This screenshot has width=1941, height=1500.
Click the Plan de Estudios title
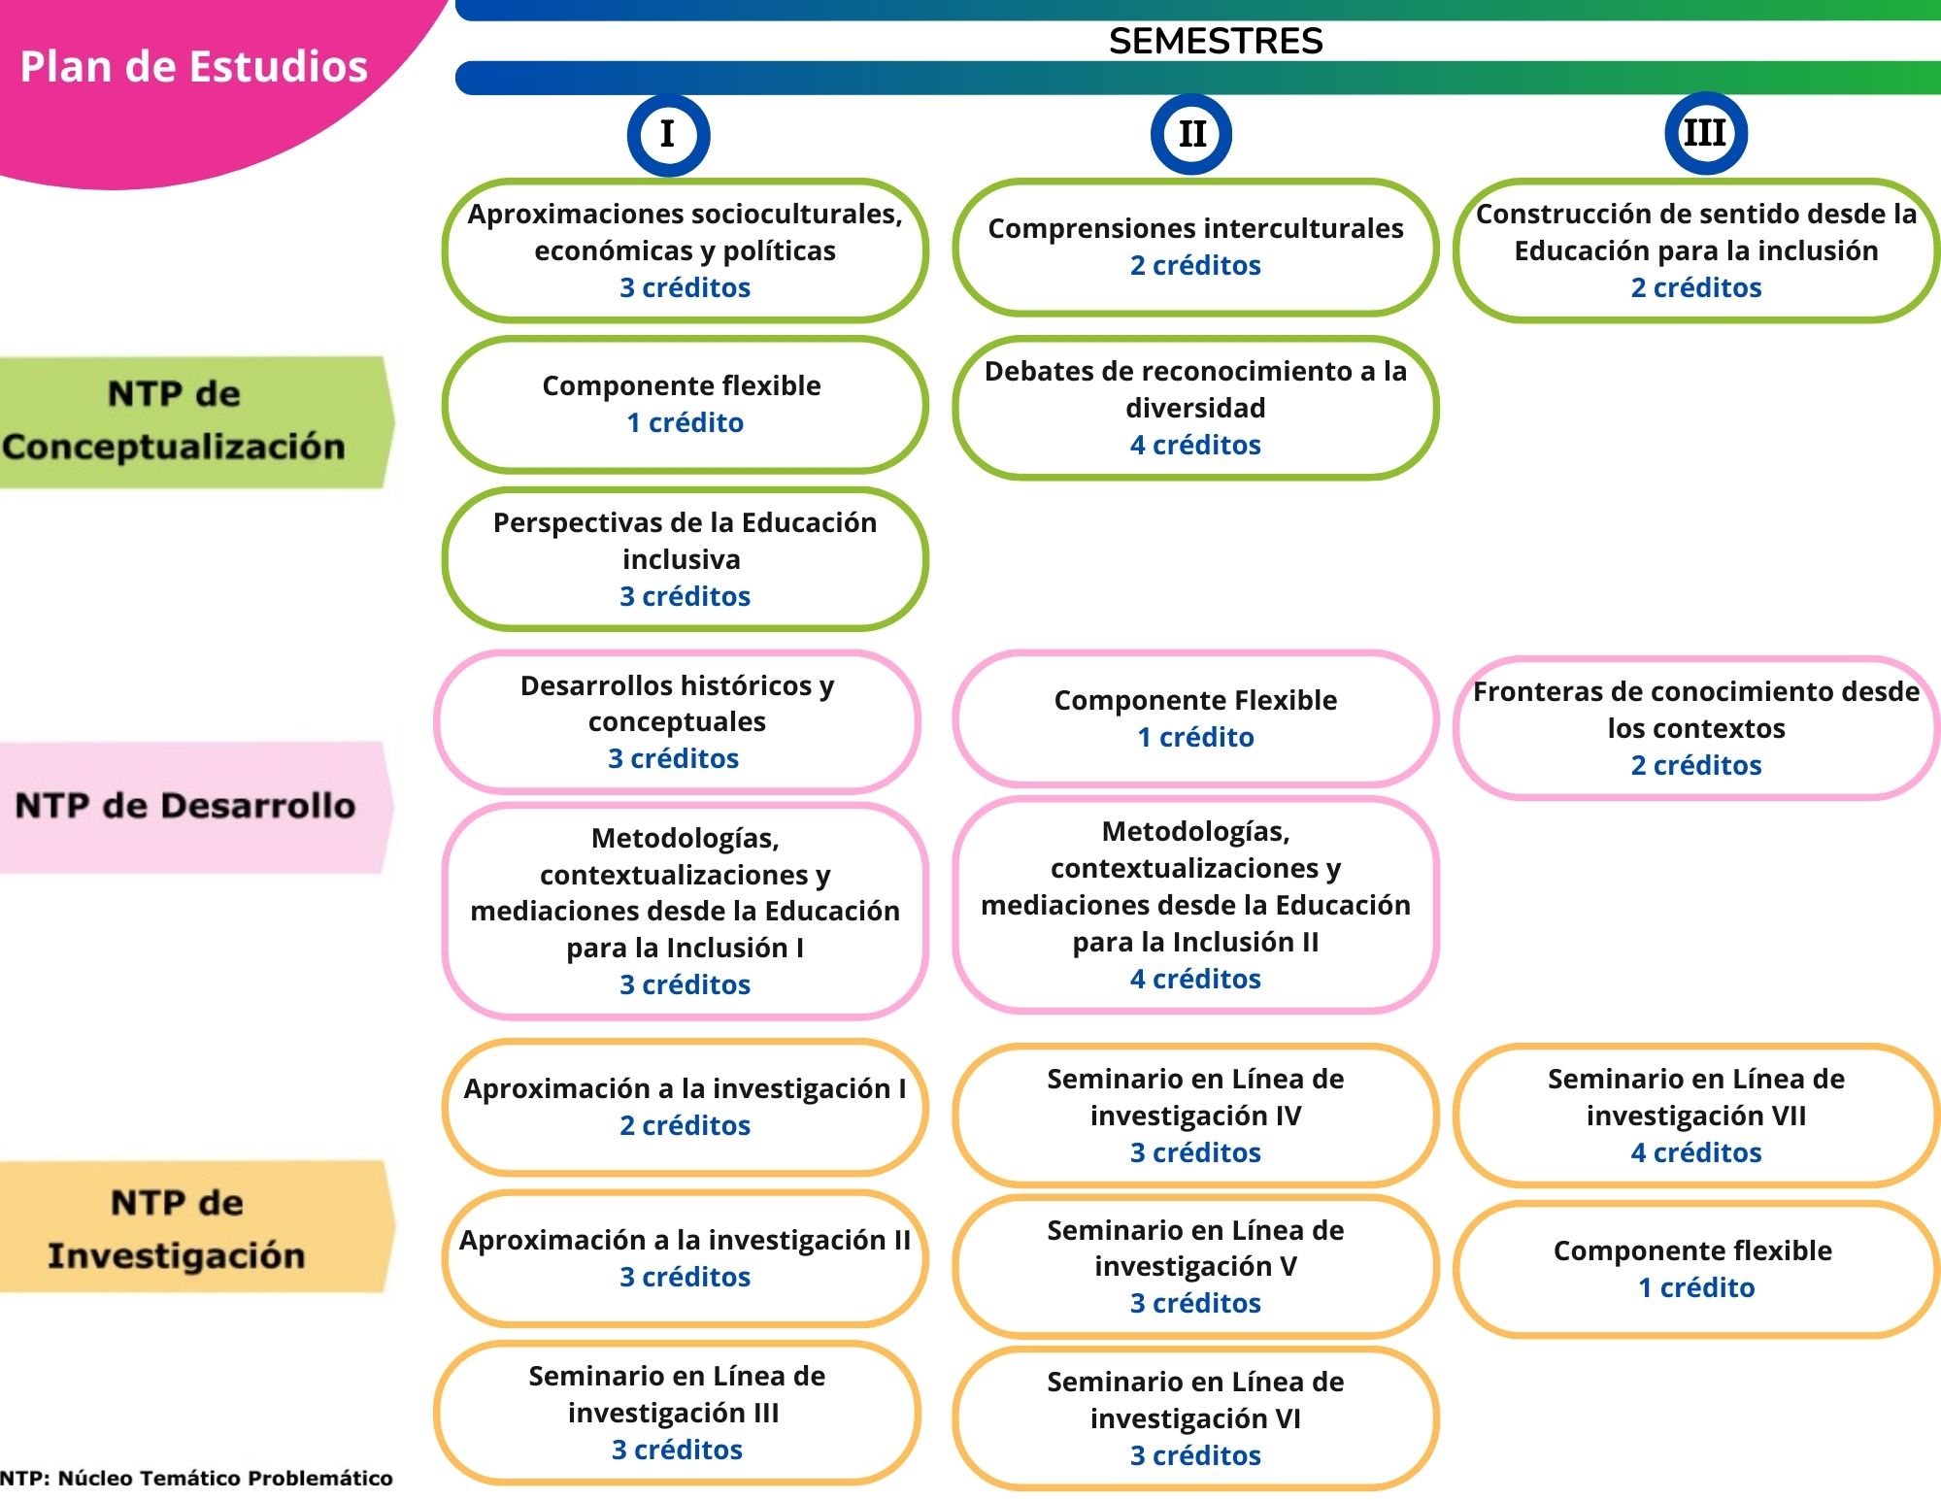(194, 67)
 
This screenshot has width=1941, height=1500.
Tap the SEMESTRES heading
(1215, 42)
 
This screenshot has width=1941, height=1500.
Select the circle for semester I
(668, 135)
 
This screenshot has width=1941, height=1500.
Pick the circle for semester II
(1191, 134)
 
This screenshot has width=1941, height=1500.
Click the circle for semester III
(1705, 133)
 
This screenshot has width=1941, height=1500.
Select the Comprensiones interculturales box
(1195, 247)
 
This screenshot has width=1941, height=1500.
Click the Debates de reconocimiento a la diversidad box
(1195, 408)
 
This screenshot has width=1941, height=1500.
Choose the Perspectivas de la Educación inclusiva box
(685, 559)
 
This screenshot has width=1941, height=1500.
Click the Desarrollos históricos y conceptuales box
(677, 721)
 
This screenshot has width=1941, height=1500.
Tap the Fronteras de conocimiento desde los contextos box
(1695, 728)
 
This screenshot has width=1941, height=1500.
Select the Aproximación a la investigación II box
(685, 1258)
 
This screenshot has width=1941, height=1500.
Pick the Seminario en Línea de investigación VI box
(1195, 1417)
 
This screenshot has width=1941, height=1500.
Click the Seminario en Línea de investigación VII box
(1695, 1115)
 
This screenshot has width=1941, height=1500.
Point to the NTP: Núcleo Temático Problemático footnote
(197, 1479)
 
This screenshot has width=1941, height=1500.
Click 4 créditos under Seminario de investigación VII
(1695, 1152)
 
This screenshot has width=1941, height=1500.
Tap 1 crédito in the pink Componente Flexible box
(1195, 737)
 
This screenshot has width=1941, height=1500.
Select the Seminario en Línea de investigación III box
(677, 1412)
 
